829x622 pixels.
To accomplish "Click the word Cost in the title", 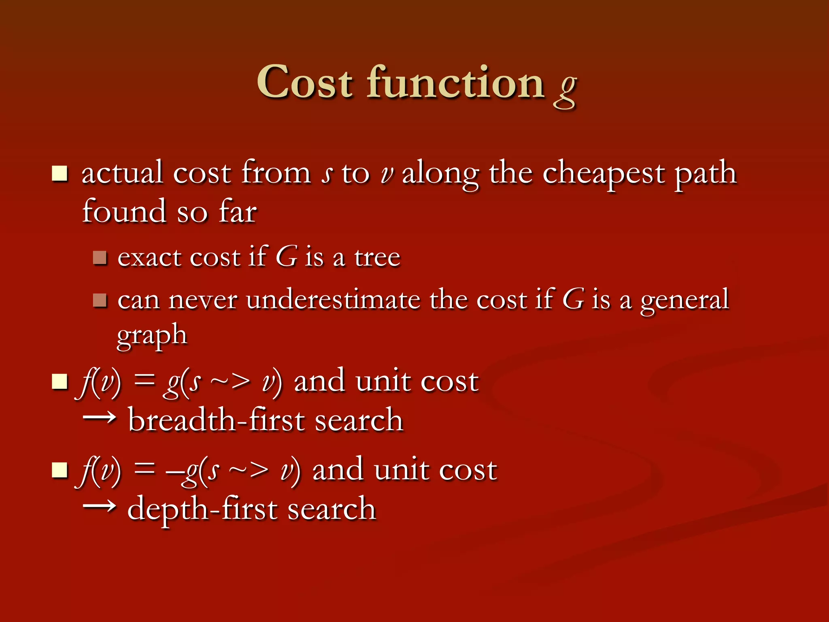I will coord(304,83).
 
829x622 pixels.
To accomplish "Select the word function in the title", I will coord(455,83).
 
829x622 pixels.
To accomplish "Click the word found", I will coord(124,211).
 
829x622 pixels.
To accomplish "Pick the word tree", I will coord(377,258).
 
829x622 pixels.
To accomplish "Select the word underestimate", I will coord(333,300).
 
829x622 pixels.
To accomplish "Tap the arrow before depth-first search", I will coord(99,506).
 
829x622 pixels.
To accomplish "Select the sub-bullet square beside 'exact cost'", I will coord(100,258).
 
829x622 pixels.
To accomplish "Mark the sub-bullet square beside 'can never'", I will coord(100,300).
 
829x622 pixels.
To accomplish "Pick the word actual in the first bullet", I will coord(122,173).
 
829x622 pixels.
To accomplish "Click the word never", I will coord(203,301).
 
